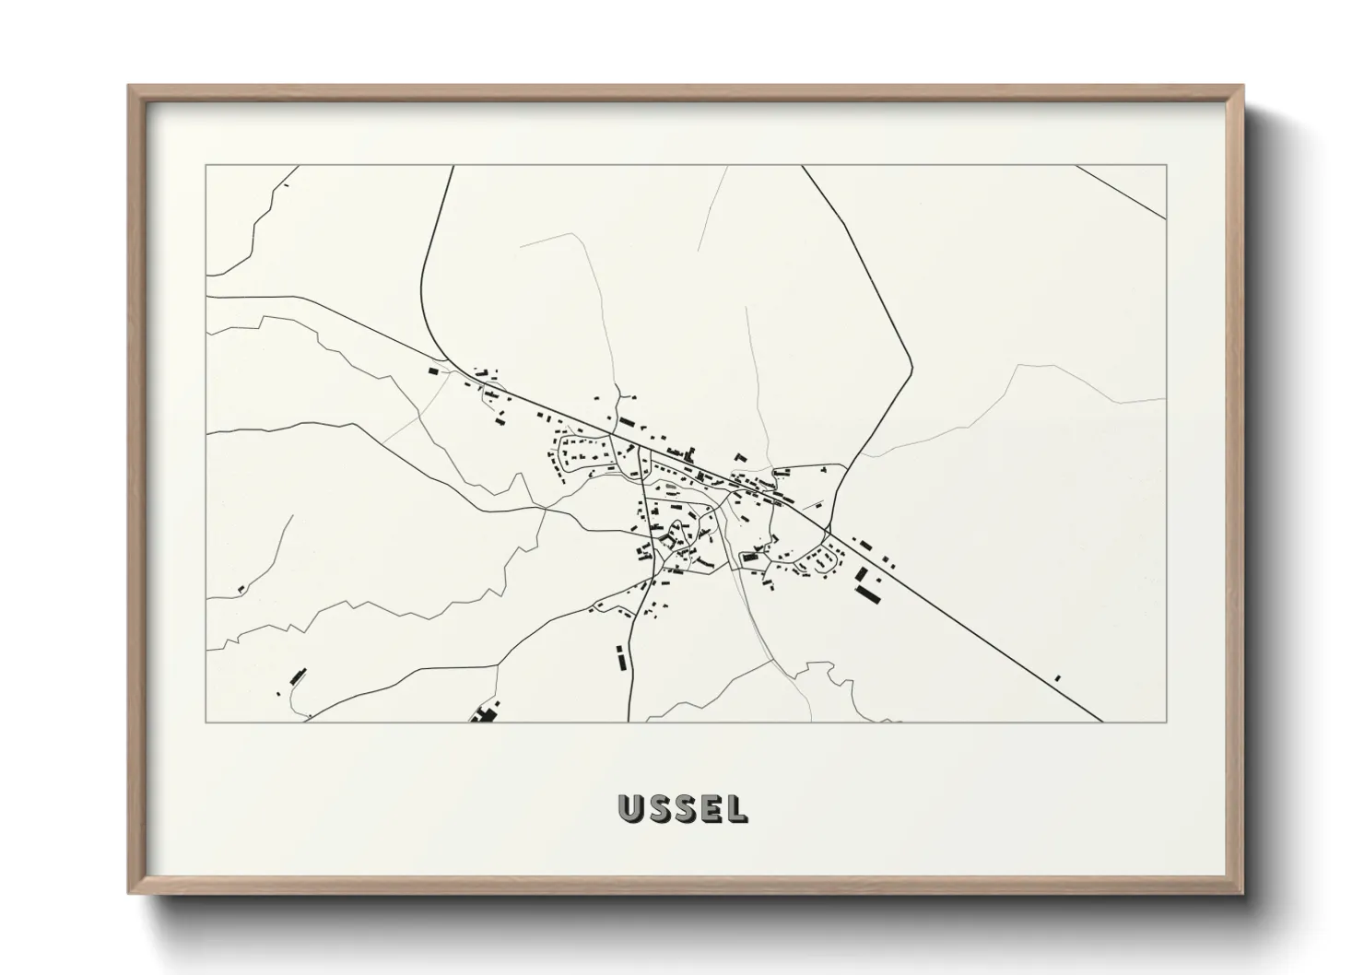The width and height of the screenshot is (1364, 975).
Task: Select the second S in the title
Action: [x=686, y=808]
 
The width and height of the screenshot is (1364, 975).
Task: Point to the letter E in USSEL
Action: [x=711, y=808]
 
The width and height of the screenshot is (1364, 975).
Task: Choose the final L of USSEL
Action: [x=736, y=808]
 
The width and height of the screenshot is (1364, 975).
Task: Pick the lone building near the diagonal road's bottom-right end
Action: [x=1058, y=678]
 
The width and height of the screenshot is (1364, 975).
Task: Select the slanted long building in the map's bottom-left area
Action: [x=297, y=675]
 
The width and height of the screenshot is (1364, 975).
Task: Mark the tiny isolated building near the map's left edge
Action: [x=241, y=588]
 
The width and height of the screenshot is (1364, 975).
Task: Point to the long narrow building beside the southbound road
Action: [x=620, y=657]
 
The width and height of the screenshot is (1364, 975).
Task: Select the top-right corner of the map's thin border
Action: [x=1166, y=166]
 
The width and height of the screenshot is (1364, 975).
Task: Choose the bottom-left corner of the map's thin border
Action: [x=206, y=722]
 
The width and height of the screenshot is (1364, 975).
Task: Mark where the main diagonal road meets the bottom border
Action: [x=1102, y=721]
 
